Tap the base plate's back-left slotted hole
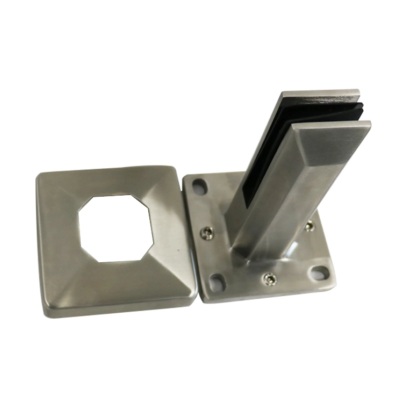[200, 187]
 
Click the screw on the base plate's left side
[207, 232]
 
